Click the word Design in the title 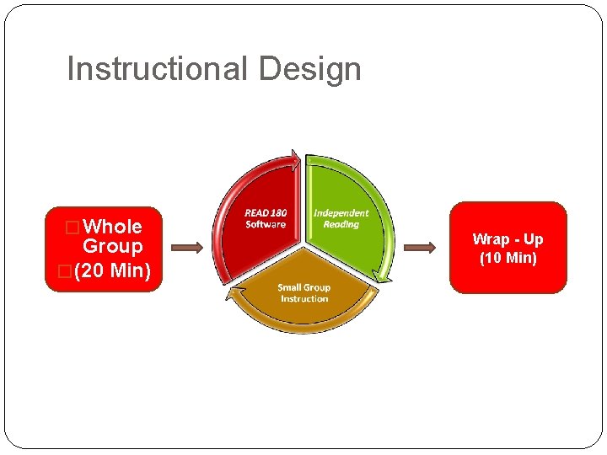[x=310, y=69]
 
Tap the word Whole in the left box [x=113, y=227]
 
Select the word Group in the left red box [x=112, y=247]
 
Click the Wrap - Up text [x=508, y=239]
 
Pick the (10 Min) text [x=508, y=258]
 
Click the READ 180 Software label [x=266, y=218]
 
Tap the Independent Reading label [x=341, y=218]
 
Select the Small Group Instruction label [x=303, y=293]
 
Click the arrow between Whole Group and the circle [x=187, y=248]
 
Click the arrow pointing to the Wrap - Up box [x=420, y=248]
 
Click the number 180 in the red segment [x=277, y=213]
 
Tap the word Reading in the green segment [x=341, y=224]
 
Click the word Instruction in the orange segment [x=303, y=299]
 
